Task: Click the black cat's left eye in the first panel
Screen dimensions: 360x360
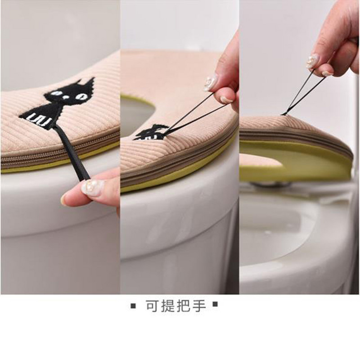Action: [x=55, y=94]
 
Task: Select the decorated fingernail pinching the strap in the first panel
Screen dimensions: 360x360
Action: [x=93, y=188]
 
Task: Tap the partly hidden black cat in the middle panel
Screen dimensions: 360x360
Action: [x=151, y=132]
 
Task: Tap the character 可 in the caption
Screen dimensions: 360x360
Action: [x=153, y=306]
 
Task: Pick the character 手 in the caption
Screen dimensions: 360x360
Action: [x=199, y=306]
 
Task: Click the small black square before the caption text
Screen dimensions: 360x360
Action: [x=133, y=306]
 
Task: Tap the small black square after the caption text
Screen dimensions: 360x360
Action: [x=215, y=305]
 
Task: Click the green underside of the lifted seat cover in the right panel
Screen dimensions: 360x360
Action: [x=298, y=161]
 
